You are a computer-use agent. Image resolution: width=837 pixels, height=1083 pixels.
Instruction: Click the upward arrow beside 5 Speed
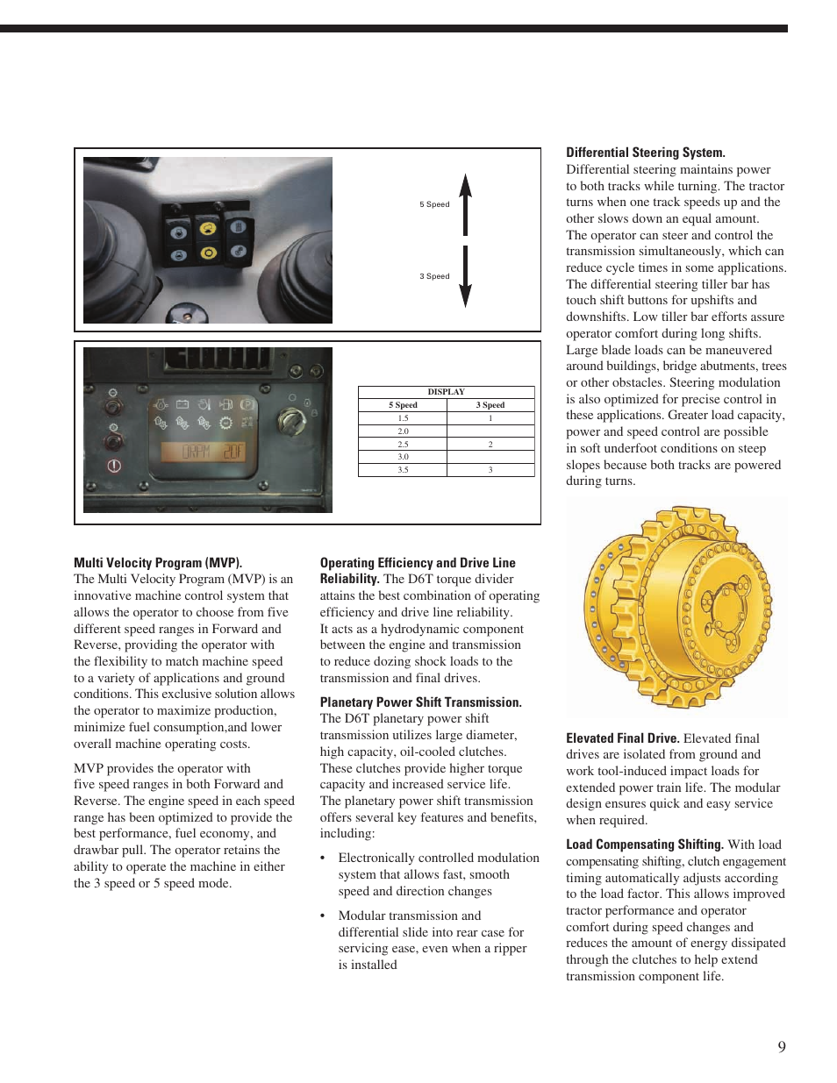[x=466, y=204]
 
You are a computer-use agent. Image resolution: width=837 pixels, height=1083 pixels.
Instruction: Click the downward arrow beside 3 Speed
[x=466, y=276]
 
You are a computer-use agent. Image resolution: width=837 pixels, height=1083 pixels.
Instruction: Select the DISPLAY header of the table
[x=446, y=392]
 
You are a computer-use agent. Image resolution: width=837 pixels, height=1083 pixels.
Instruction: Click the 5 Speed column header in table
[x=403, y=405]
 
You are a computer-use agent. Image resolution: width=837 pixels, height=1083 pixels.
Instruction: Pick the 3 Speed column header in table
[x=490, y=405]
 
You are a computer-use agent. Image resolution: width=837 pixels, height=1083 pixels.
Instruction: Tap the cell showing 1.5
[x=403, y=418]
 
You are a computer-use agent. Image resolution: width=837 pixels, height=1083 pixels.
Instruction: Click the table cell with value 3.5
[x=403, y=470]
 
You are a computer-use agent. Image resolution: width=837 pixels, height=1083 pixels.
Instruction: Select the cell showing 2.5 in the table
[x=403, y=445]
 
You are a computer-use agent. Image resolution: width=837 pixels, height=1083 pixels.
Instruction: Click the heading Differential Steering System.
[x=645, y=153]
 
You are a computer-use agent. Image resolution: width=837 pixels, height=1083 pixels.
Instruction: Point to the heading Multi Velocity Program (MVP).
[x=158, y=563]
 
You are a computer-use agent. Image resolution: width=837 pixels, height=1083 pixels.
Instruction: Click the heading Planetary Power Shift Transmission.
[x=420, y=702]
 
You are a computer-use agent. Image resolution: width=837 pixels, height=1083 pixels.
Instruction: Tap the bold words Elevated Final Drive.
[x=622, y=738]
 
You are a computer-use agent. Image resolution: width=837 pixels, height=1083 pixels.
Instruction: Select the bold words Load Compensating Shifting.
[x=644, y=844]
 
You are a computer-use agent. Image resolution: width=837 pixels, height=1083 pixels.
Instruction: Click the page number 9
[x=781, y=1047]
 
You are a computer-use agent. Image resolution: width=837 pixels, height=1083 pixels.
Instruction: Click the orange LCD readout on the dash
[x=203, y=452]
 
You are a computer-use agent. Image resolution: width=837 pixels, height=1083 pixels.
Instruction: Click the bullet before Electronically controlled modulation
[x=323, y=859]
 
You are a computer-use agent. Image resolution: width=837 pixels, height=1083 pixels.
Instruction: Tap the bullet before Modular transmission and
[x=323, y=916]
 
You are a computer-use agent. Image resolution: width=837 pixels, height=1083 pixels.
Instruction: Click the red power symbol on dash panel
[x=114, y=466]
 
